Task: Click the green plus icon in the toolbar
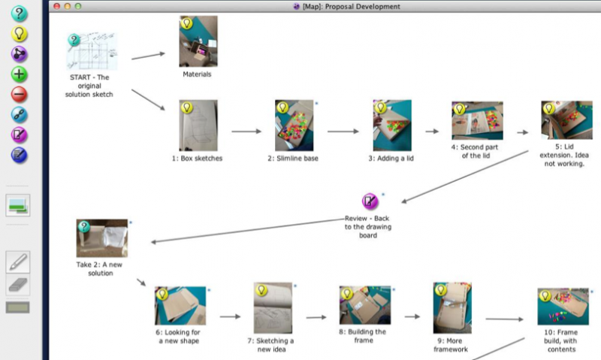20,74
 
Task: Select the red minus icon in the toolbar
20,95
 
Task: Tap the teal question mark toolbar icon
20,13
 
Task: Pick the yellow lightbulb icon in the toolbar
20,33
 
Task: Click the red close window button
54,6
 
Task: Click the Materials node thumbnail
198,42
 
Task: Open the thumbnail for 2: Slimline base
294,126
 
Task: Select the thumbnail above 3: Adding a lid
391,126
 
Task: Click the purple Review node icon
370,201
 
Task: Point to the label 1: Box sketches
197,159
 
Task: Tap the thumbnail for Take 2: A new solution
102,239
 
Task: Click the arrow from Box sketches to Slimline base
246,132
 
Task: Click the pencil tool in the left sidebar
18,262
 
